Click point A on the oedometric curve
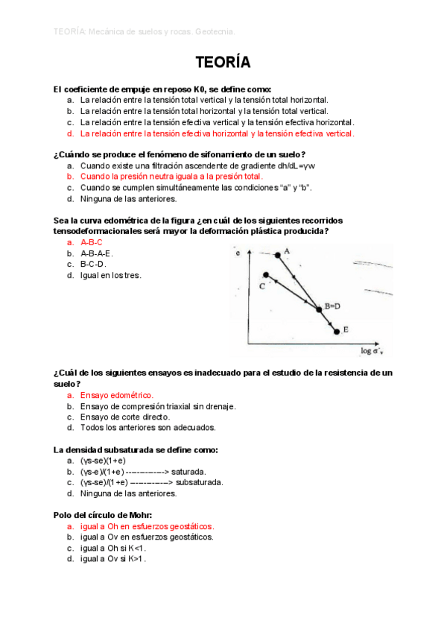[x=279, y=255]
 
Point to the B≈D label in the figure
[x=332, y=306]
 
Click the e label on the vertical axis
[x=238, y=254]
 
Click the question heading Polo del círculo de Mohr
[x=103, y=514]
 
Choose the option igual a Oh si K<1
[x=112, y=548]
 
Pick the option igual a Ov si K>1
[x=112, y=559]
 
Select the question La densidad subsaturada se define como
[x=136, y=449]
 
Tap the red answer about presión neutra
[x=171, y=177]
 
